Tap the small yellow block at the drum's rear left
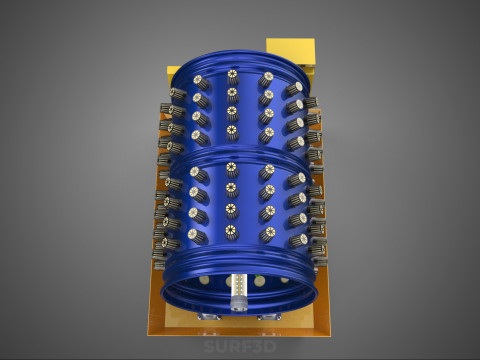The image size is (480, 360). (173, 71)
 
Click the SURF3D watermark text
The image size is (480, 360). (240, 346)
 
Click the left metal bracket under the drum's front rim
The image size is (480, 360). (209, 317)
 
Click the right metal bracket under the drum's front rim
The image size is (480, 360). (269, 317)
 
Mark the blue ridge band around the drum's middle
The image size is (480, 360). (241, 157)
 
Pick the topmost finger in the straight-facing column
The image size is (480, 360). (233, 77)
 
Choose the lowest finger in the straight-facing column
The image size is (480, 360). (231, 232)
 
